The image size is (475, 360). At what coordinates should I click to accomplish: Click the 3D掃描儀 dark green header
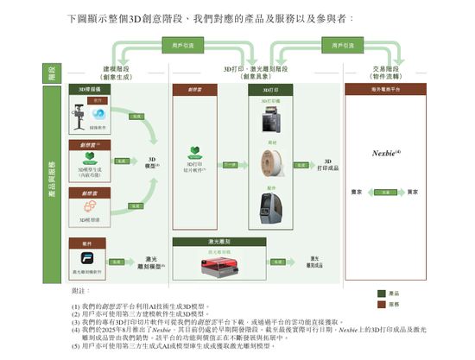(x=91, y=89)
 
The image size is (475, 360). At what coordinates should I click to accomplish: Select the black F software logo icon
(x=81, y=260)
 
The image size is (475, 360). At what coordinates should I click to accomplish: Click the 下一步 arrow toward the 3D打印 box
(x=231, y=162)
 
